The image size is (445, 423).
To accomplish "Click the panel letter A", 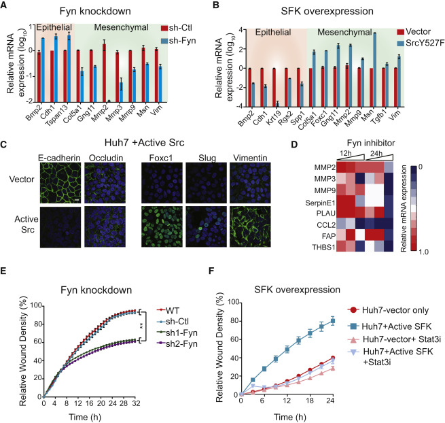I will pos(5,7).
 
